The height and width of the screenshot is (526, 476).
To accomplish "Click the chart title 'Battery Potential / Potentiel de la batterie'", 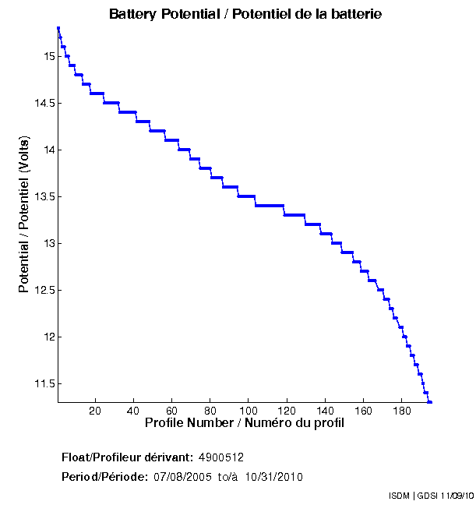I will [x=245, y=14].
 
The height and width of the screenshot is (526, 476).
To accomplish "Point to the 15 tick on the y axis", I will [x=48, y=56].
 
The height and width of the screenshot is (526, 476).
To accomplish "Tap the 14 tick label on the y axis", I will [x=48, y=150].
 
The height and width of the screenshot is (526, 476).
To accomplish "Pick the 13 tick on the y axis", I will [x=48, y=243].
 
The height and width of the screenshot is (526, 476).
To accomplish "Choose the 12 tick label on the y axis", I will [x=48, y=337].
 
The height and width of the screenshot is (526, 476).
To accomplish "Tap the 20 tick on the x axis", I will [x=95, y=411].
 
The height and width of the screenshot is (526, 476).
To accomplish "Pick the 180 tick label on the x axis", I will [x=400, y=411].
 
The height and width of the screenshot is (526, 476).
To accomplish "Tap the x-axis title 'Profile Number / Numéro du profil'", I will [x=245, y=423].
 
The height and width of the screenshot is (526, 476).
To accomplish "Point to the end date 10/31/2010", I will [x=274, y=477].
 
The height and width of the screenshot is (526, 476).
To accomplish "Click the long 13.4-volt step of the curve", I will [x=269, y=205].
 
